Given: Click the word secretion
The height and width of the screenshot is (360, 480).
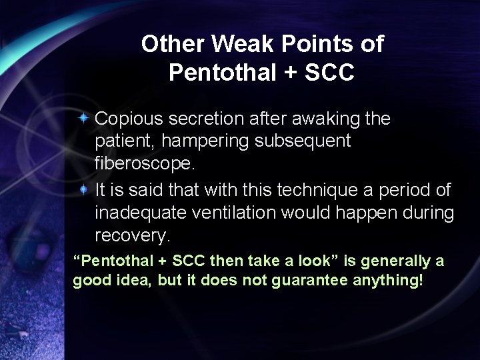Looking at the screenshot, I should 203,119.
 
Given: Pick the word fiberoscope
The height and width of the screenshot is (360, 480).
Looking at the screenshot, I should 139,164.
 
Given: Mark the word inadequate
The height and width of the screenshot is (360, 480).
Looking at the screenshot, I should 139,213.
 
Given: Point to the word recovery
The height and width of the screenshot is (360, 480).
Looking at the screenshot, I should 133,236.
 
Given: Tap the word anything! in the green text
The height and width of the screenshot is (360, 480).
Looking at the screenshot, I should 387,281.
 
